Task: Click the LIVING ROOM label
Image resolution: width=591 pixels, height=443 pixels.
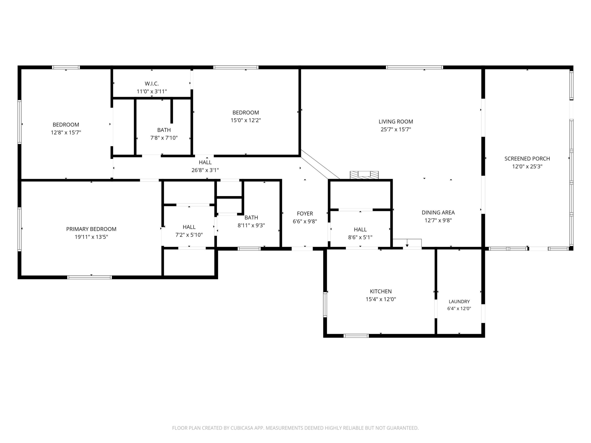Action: point(396,121)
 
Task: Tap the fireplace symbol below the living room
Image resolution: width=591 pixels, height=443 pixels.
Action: point(364,175)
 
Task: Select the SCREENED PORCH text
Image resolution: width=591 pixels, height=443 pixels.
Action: point(527,159)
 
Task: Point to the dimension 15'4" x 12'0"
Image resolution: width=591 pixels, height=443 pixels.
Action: point(381,299)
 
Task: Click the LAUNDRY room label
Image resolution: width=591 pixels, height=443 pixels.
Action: point(459,301)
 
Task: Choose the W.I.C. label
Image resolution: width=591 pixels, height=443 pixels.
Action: point(152,84)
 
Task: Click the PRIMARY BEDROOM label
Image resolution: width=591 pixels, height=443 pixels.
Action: point(91,229)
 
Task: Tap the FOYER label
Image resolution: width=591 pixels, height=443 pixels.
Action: point(305,214)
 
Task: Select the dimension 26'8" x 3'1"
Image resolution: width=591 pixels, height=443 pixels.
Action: point(205,170)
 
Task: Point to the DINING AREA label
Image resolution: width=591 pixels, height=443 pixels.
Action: point(438,212)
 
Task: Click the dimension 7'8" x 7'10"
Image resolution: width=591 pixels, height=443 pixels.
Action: point(164,138)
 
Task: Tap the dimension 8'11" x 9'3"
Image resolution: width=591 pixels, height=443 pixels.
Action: point(251,225)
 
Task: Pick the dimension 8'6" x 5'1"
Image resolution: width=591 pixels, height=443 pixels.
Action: point(360,237)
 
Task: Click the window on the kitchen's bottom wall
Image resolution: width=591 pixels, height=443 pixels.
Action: point(356,336)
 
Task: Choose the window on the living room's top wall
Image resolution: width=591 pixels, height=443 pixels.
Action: point(414,67)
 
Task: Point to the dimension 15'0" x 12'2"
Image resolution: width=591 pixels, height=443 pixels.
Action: point(246,120)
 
